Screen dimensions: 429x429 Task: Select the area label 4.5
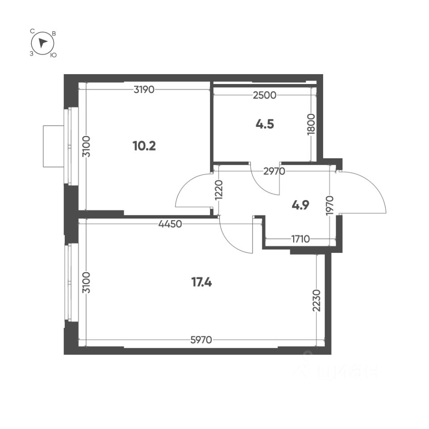tap(265, 124)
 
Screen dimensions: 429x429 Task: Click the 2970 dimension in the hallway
tap(267, 170)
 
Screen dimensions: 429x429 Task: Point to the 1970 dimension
tap(331, 205)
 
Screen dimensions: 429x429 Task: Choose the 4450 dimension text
tap(170, 224)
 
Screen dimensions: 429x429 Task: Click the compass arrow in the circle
tap(42, 43)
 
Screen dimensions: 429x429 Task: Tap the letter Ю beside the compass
tap(53, 55)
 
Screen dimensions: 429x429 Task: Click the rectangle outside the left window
tap(53, 146)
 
